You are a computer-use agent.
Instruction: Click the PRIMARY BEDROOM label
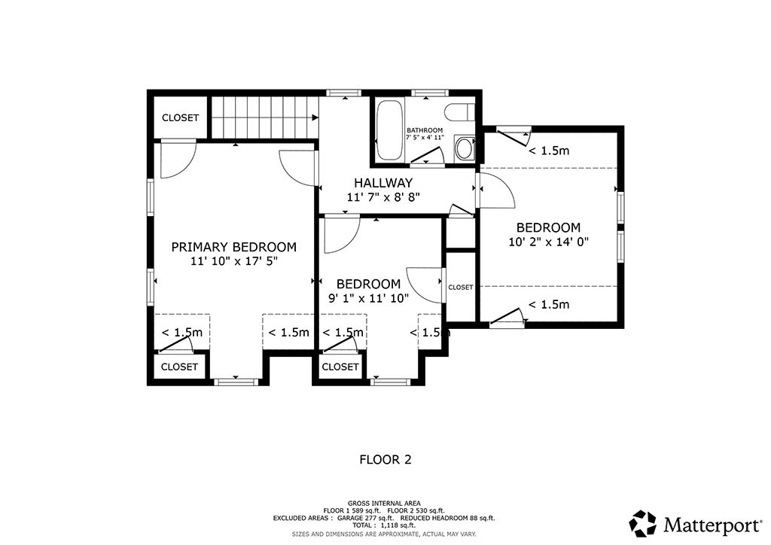[x=233, y=247]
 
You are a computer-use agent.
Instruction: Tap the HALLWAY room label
[x=383, y=183]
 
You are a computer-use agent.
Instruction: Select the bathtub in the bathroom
[x=389, y=131]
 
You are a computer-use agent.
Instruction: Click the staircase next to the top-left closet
[x=263, y=117]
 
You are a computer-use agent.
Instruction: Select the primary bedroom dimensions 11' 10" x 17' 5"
[x=233, y=261]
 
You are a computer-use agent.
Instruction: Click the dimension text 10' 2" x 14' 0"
[x=547, y=242]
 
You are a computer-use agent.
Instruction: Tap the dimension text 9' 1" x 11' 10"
[x=368, y=298]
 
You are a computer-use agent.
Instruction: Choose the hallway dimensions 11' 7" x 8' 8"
[x=383, y=197]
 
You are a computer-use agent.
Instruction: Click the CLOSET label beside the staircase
[x=181, y=118]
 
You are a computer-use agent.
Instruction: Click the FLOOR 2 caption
[x=385, y=458]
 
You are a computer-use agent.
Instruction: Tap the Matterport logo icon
[x=643, y=522]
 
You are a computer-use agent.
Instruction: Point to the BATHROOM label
[x=425, y=131]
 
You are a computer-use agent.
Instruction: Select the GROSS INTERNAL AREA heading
[x=384, y=503]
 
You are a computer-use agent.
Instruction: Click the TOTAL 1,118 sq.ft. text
[x=384, y=526]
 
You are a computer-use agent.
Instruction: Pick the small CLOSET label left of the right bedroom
[x=461, y=288]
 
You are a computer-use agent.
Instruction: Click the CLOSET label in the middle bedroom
[x=340, y=367]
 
